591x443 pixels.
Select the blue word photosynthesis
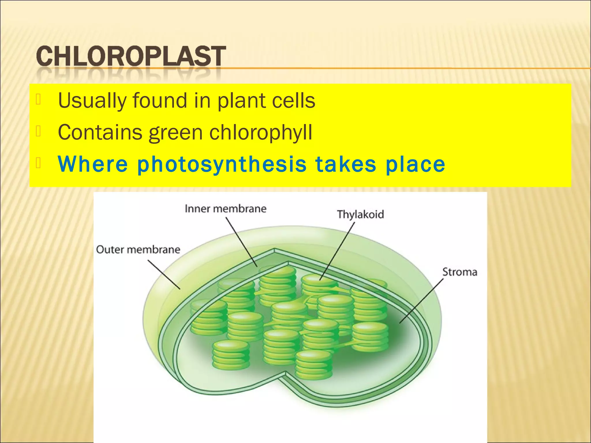(222, 165)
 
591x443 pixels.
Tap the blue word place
(415, 165)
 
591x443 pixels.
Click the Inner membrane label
(225, 209)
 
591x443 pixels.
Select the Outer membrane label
(138, 249)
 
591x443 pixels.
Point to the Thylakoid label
(360, 214)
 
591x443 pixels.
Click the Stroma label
(460, 272)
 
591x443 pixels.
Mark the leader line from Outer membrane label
(164, 274)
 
